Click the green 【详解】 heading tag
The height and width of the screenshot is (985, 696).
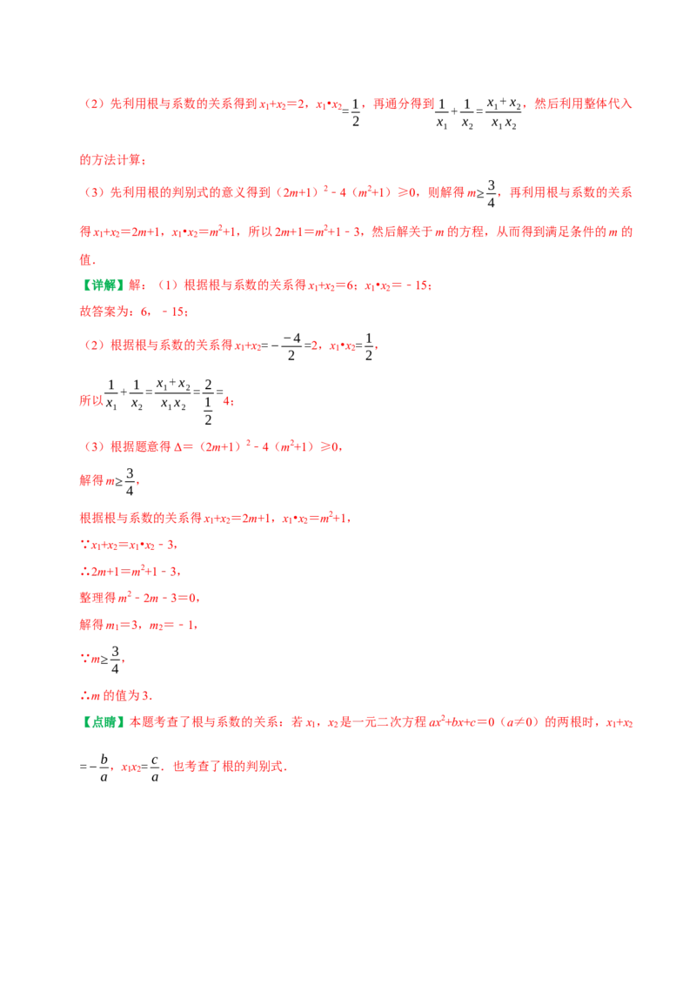coord(103,285)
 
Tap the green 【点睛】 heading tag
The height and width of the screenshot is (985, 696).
coord(103,722)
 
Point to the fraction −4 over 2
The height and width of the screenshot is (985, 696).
coord(291,346)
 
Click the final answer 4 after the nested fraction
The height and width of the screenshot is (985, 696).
coord(227,401)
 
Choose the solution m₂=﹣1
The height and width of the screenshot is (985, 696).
coord(172,626)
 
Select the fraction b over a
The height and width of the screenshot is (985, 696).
coord(104,767)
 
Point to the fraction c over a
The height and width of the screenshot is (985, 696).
coord(155,767)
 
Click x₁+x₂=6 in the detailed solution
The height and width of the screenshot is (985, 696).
coord(331,285)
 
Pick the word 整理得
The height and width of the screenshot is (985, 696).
coord(98,598)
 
